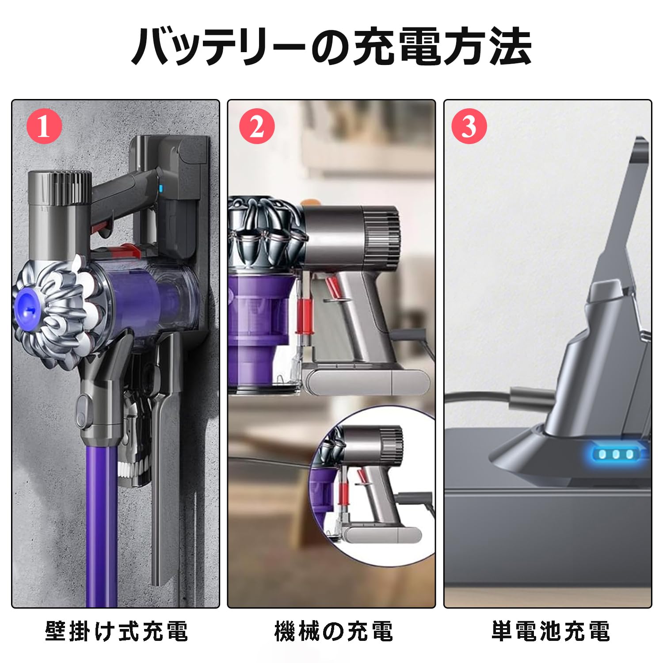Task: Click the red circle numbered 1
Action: tap(44, 128)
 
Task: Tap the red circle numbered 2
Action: tap(257, 128)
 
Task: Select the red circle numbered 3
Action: tap(469, 128)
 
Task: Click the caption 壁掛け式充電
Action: tap(117, 631)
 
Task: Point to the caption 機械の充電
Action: tap(333, 631)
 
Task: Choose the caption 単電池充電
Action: tap(551, 631)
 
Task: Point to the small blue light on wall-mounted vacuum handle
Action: tap(160, 189)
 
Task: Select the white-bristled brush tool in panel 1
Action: tap(133, 460)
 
